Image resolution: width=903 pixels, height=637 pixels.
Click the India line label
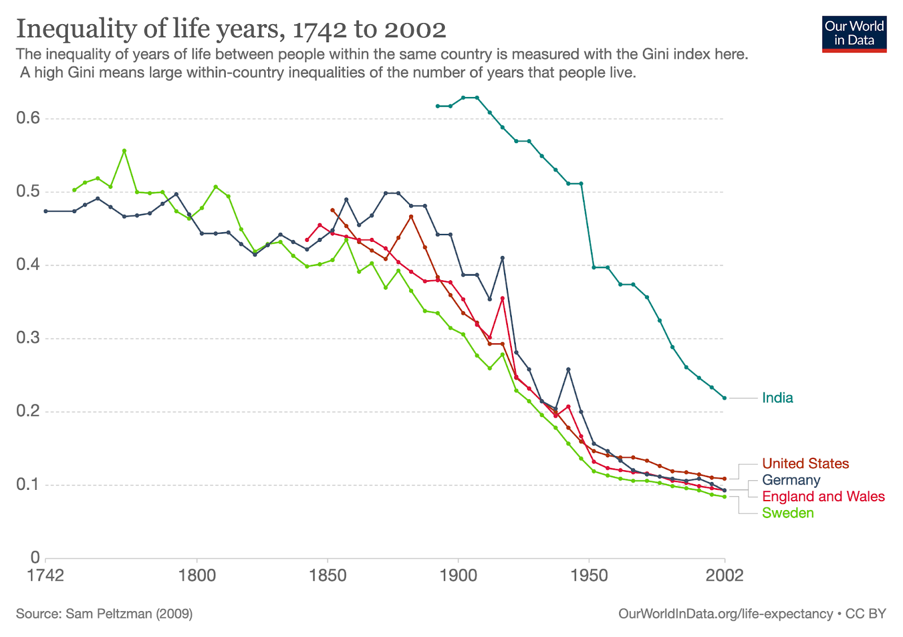click(x=777, y=398)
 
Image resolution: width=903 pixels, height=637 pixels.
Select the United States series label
click(x=805, y=463)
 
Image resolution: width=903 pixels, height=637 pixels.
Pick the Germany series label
click(x=791, y=480)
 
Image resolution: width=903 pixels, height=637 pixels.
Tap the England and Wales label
click(x=823, y=497)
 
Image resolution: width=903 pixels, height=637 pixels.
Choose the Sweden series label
click(x=788, y=513)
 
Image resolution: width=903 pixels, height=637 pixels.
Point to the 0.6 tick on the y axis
click(x=28, y=118)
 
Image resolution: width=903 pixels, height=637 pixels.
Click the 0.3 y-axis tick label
click(x=28, y=338)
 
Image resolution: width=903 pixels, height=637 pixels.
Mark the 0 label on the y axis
click(x=35, y=558)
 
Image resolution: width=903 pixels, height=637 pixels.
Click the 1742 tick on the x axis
click(x=45, y=576)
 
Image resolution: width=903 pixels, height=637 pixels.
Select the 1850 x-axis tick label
click(x=328, y=576)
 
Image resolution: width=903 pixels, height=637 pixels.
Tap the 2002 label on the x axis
click(x=725, y=576)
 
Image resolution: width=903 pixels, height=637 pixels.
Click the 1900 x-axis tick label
click(x=458, y=576)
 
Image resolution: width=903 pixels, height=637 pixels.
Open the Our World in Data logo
click(x=854, y=34)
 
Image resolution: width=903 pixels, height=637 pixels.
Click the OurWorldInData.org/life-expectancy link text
click(x=725, y=614)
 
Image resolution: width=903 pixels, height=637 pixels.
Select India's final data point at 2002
click(x=725, y=398)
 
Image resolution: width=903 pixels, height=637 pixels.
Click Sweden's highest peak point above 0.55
click(x=124, y=151)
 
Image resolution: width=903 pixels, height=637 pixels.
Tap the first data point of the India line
click(x=437, y=106)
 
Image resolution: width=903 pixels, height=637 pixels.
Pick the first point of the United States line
click(x=332, y=210)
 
